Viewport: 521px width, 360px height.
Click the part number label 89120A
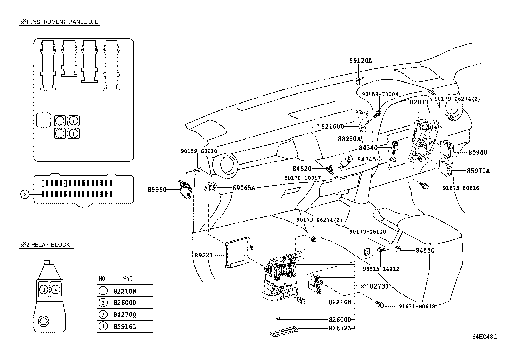pyautogui.click(x=361, y=61)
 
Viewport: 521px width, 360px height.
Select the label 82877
pyautogui.click(x=419, y=102)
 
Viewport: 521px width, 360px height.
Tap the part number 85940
pyautogui.click(x=477, y=152)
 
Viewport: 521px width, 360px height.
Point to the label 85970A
pyautogui.click(x=478, y=171)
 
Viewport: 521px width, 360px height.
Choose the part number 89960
pyautogui.click(x=157, y=189)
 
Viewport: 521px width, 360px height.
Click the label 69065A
pyautogui.click(x=244, y=188)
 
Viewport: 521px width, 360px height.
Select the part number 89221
pyautogui.click(x=203, y=255)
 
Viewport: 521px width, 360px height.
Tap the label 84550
pyautogui.click(x=425, y=251)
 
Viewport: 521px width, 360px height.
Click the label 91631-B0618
pyautogui.click(x=417, y=306)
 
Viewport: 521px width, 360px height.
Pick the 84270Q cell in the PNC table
pyautogui.click(x=125, y=315)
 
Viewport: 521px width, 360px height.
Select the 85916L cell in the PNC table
pyautogui.click(x=125, y=327)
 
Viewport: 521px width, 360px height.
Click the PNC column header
pyautogui.click(x=128, y=279)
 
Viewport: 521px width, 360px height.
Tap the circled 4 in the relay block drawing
pyautogui.click(x=56, y=290)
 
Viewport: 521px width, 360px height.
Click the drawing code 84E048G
pyautogui.click(x=485, y=337)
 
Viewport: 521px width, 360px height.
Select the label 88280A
pyautogui.click(x=349, y=139)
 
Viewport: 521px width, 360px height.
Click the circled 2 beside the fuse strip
pyautogui.click(x=25, y=194)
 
